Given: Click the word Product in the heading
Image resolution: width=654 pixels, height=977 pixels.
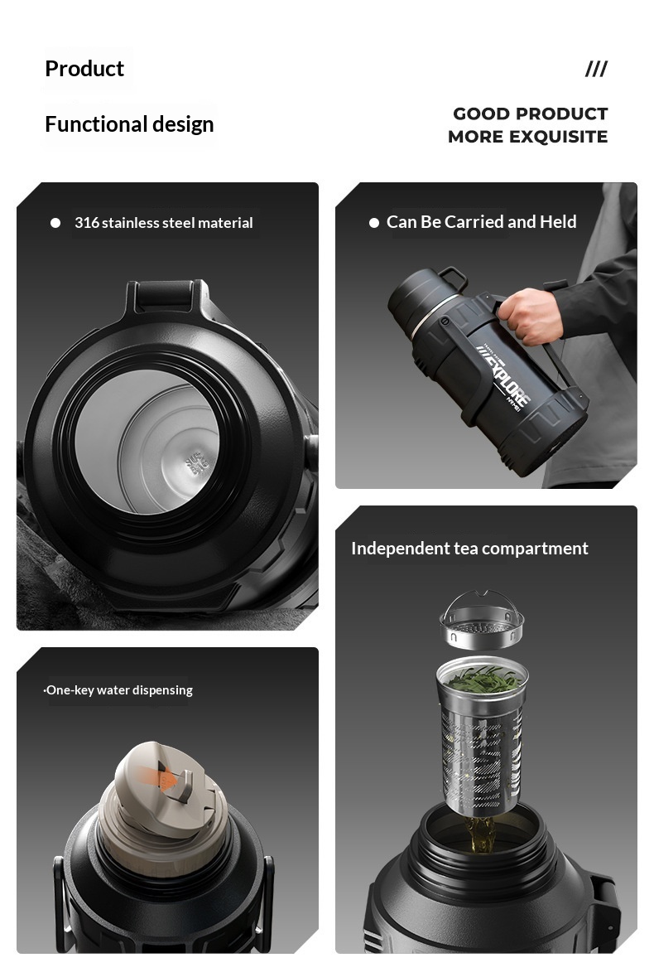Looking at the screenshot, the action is pos(84,69).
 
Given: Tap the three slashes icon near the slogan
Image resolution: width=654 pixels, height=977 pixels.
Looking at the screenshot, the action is pos(596,69).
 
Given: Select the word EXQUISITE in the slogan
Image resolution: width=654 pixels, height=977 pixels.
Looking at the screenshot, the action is pos(558,137).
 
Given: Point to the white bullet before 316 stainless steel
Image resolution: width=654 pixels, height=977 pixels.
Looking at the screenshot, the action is pos(55,222).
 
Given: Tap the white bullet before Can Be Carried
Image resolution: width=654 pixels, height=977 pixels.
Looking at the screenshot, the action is pos(374,222).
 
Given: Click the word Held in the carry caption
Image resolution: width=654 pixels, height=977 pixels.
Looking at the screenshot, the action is pos(558,221).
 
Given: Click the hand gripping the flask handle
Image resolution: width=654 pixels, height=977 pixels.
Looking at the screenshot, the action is pos(529,315).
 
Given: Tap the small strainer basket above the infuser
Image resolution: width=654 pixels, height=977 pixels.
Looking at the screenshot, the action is pos(482,621).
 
